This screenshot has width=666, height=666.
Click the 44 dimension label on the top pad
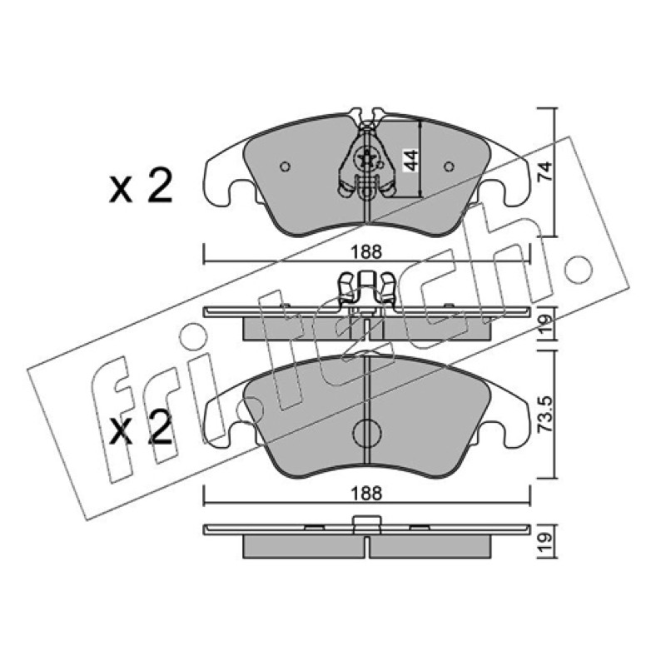tap(410, 160)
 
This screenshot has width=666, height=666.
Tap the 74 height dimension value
tap(545, 171)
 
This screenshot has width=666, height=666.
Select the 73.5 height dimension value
tap(545, 414)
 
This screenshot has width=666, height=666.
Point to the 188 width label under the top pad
tap(366, 252)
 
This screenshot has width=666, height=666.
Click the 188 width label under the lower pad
tap(366, 494)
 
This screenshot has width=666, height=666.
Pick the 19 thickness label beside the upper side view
tap(545, 324)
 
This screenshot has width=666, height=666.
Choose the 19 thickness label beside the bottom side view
tap(545, 543)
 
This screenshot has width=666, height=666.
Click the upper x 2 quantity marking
tap(141, 186)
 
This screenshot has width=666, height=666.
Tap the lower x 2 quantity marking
tap(141, 428)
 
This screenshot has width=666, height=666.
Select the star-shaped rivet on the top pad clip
tap(366, 159)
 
